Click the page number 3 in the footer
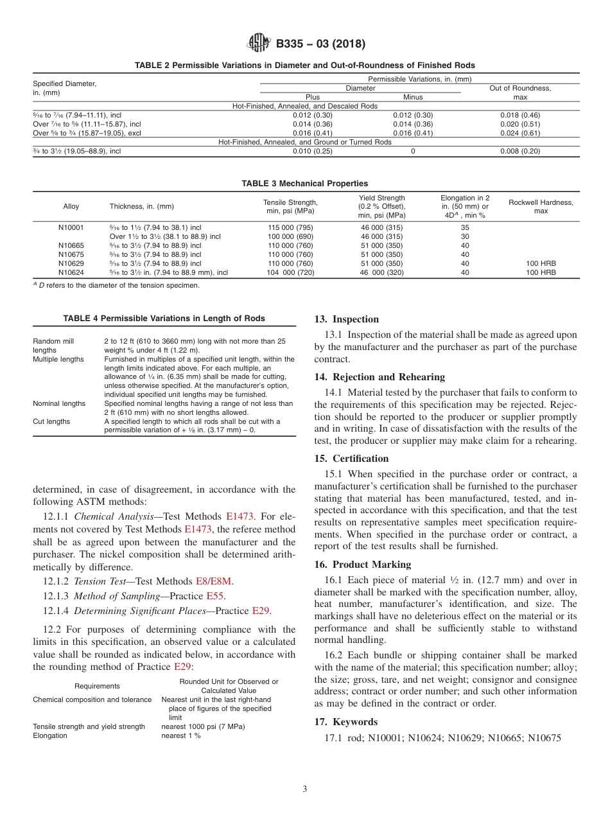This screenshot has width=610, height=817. (x=305, y=789)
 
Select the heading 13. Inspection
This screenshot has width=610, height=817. (x=347, y=319)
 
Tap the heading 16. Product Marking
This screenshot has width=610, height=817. (x=363, y=565)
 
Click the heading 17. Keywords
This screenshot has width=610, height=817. (x=346, y=722)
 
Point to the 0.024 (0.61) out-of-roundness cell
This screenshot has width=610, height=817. (x=519, y=133)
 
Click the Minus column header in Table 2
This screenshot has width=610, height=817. (x=412, y=97)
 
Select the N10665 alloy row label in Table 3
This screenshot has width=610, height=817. (x=71, y=245)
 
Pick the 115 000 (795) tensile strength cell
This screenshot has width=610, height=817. (x=290, y=227)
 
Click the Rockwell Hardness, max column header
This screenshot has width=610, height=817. (x=541, y=206)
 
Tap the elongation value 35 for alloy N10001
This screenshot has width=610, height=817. (x=465, y=227)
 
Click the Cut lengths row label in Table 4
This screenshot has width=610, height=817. (x=51, y=421)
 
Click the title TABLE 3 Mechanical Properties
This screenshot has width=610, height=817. (x=305, y=184)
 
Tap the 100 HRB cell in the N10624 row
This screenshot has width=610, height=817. (x=541, y=272)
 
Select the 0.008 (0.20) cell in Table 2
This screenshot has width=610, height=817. (x=519, y=151)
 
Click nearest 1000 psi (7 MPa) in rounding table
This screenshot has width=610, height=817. (x=203, y=726)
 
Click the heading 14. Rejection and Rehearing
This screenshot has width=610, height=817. (x=379, y=377)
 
